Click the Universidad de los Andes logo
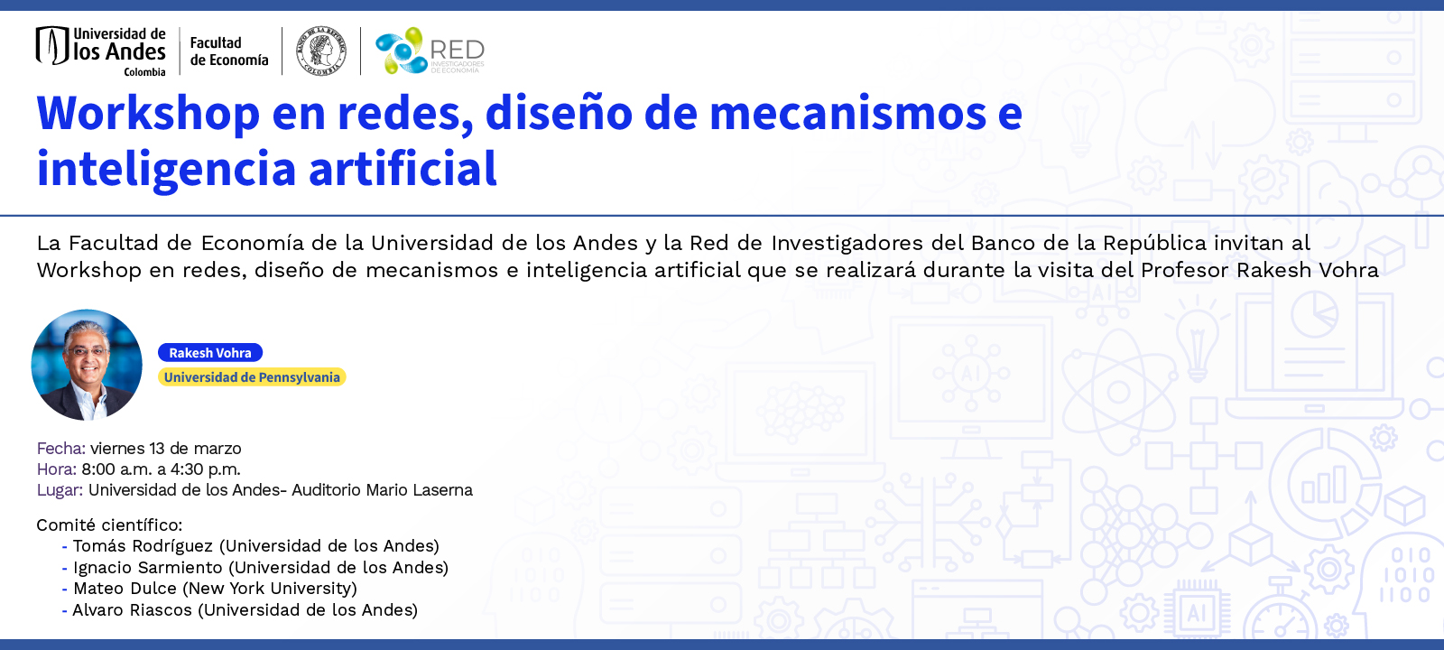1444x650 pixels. point(101,51)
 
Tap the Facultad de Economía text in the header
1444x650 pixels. point(229,51)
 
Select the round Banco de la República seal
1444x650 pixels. point(321,51)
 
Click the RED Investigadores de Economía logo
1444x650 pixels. point(430,51)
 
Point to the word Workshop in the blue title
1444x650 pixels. point(148,114)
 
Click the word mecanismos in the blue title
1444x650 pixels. point(848,114)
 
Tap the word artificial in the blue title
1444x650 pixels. point(403,170)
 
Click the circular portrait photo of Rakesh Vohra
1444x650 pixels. point(87,365)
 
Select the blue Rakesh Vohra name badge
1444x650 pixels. point(210,353)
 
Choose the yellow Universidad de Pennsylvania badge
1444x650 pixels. point(252,377)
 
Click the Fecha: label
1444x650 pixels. point(60,449)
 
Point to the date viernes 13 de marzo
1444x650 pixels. point(166,449)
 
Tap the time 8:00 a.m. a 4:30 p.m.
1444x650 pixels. point(161,469)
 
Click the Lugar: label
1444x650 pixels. point(60,490)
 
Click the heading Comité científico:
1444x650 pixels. point(109,525)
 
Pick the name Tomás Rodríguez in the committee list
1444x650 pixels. point(143,546)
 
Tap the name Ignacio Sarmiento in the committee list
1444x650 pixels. point(148,568)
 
